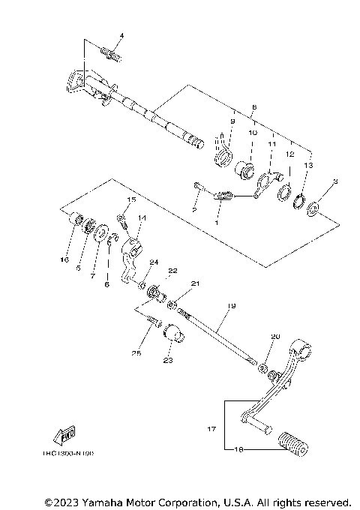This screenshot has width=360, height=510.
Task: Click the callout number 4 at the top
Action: pos(121,36)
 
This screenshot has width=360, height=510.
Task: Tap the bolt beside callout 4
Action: pos(112,53)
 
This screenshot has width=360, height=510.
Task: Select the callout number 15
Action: pos(130,200)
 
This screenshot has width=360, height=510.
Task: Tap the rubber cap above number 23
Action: pos(173,332)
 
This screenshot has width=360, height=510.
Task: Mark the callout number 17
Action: pos(211,429)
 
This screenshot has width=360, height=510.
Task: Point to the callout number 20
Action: pos(275,337)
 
